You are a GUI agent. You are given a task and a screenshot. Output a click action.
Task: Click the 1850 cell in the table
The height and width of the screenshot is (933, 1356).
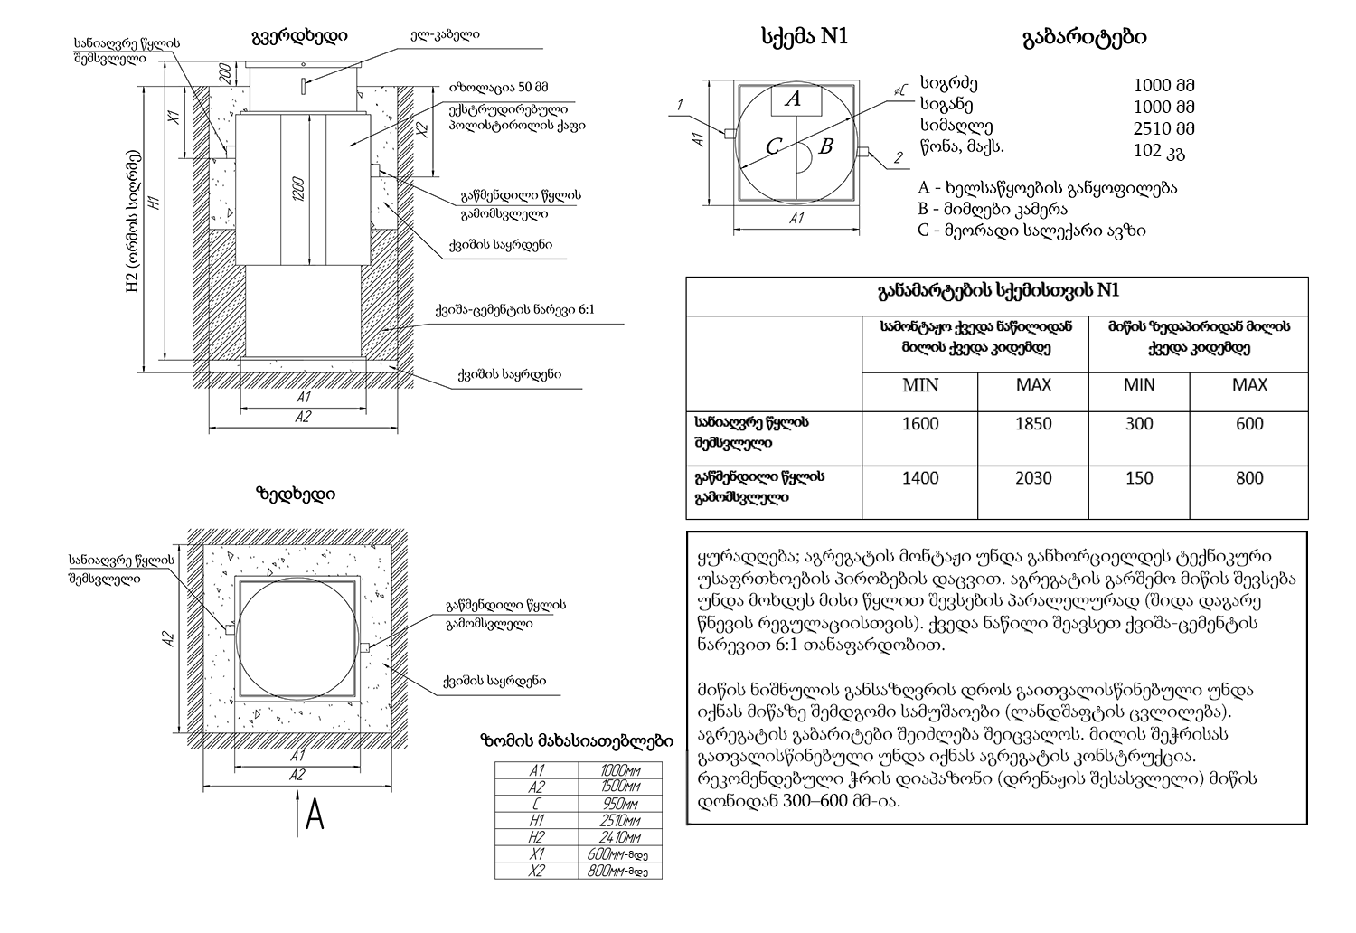(1033, 424)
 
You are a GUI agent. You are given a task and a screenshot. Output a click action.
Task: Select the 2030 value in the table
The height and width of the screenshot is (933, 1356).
(1033, 478)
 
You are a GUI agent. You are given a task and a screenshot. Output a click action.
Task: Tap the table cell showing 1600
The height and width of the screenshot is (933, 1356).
(920, 424)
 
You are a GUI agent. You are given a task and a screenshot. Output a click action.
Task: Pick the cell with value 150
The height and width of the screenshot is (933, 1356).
(1139, 478)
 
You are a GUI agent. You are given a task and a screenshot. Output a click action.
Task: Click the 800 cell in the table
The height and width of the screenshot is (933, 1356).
(1249, 478)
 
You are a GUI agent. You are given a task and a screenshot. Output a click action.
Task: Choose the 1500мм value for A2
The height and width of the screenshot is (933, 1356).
(620, 787)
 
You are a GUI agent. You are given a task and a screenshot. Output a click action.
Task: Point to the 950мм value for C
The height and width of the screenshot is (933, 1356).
(620, 804)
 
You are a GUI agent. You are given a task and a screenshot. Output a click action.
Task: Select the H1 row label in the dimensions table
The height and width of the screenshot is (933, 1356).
(537, 821)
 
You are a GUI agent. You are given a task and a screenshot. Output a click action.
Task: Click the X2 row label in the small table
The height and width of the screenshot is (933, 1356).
(537, 871)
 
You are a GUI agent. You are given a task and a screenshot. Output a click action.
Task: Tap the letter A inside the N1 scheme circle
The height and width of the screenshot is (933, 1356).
(793, 99)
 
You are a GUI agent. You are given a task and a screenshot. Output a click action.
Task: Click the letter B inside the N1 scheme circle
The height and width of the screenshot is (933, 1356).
(824, 146)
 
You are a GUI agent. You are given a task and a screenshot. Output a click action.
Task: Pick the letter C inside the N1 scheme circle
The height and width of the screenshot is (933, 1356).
(773, 147)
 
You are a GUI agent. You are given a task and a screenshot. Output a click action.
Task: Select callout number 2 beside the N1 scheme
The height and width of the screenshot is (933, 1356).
(898, 159)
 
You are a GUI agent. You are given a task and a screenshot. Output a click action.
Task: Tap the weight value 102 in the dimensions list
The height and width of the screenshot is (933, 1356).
(1147, 150)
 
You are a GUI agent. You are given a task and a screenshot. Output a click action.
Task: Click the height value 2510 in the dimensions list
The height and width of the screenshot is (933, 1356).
(1151, 127)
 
